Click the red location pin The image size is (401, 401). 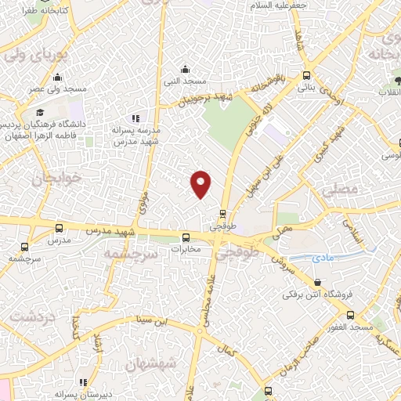[201, 183]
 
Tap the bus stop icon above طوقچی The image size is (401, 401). [223, 213]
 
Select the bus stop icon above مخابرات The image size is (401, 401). [186, 238]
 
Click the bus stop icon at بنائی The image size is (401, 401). [306, 76]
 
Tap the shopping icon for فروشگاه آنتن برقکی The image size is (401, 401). [317, 283]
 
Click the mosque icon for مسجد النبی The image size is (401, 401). [185, 68]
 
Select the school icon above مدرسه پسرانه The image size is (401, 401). [136, 117]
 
